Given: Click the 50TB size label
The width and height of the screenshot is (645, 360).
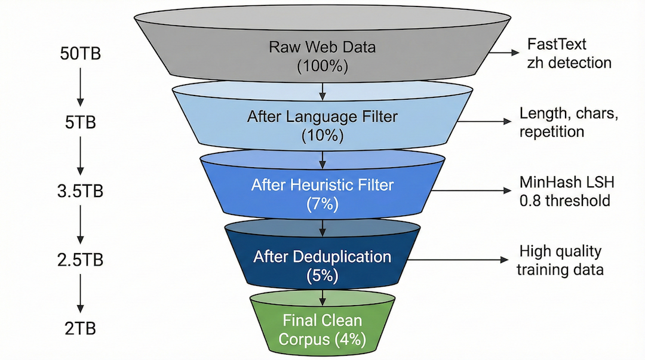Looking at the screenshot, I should pos(80,53).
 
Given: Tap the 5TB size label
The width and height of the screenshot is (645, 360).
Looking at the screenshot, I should pos(80,122).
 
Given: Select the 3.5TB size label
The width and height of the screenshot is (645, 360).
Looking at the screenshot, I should pos(80,192).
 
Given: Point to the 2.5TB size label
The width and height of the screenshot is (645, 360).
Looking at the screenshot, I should pos(80,260).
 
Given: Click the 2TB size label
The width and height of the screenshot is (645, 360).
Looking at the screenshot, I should pos(80,328).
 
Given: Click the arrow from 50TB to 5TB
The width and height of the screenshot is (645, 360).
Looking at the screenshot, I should pos(80,88).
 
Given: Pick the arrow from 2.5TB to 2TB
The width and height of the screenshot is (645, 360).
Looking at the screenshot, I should pos(80,294).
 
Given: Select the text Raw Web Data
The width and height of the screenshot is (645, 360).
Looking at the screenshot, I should pos(322,47).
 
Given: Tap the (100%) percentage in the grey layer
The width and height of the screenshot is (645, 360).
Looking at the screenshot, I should pos(322,66).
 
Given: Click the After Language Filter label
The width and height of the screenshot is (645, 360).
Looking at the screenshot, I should pos(322,116).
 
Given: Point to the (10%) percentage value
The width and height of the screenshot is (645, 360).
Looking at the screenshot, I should pos(322,135).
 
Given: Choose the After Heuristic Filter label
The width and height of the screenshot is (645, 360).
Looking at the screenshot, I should pos(322,185).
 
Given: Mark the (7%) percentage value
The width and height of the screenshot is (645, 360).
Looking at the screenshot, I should pos(322,204).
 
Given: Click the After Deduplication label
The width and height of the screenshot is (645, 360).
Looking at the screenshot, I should pos(322,257).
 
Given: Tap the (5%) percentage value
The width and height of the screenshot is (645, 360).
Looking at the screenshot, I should pos(322,275).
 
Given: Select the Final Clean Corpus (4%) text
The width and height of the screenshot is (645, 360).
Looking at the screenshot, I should pos(322,330).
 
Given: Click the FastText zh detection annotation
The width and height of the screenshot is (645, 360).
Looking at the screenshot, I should pos(569,53).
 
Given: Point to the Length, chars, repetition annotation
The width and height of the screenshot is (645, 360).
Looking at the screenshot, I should pos(568,122).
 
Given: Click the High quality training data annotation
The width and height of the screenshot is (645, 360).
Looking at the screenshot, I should pos(560,260).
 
